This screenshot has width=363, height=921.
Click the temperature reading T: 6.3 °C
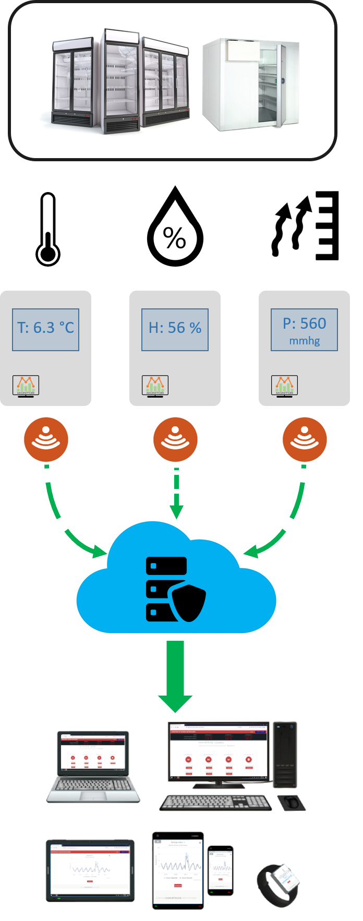pos(45,328)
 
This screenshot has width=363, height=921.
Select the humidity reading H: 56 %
pos(175,328)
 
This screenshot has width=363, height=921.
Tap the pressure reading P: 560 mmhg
pos(304,330)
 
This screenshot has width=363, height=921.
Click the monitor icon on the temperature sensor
pos(26,386)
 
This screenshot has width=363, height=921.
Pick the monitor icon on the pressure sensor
pos(284,386)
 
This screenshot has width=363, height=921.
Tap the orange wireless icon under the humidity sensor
pos(175,439)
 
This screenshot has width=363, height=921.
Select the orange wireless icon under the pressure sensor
pos(305,439)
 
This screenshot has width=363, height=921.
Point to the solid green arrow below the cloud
pos(175,676)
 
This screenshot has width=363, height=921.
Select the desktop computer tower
pos(285,754)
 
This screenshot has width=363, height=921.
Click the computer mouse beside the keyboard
pos(291,802)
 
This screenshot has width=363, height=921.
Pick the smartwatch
pos(279,884)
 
